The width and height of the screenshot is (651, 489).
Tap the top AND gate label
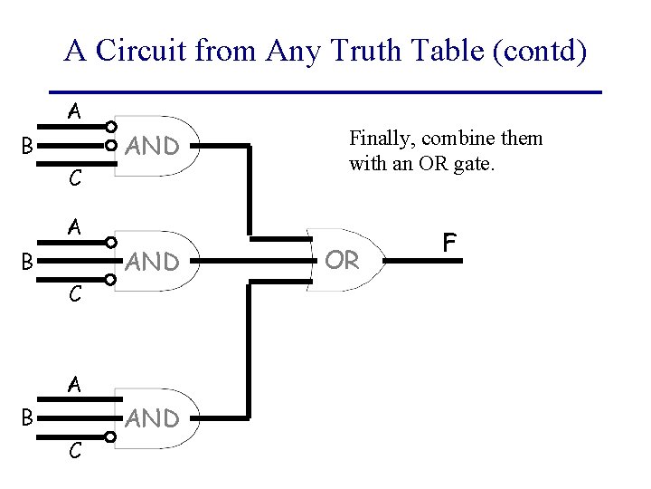(152, 146)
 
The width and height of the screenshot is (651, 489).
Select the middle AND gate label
(152, 263)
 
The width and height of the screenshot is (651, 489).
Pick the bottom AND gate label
(152, 418)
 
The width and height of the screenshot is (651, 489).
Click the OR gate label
(342, 261)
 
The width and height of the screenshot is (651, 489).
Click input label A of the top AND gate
(76, 112)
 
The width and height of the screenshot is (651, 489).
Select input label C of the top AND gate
(76, 179)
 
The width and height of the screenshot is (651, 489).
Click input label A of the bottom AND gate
(76, 384)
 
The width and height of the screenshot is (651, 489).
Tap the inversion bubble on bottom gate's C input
(110, 438)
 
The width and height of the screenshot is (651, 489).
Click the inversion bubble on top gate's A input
(110, 126)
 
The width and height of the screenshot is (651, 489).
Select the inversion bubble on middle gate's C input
(110, 282)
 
